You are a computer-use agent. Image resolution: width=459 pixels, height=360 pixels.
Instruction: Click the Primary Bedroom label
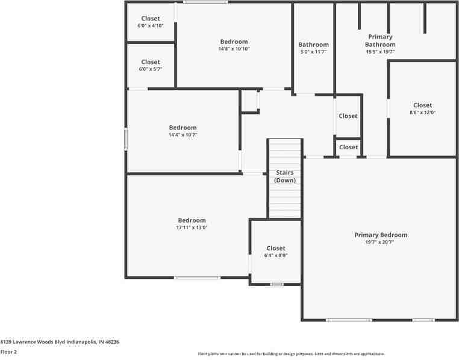pos(381,235)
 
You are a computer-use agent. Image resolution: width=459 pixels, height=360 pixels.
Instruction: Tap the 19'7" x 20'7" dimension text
pos(381,243)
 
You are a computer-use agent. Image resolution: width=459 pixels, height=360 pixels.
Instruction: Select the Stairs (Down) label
pos(285,176)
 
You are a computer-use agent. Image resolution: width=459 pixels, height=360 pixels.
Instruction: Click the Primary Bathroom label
pos(380,40)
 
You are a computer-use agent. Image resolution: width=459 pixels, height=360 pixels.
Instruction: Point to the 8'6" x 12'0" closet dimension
pos(422,113)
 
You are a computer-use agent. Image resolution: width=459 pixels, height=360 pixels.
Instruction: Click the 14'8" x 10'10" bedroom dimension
pos(234,49)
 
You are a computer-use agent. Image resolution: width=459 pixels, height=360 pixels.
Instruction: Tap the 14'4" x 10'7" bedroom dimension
pos(183,135)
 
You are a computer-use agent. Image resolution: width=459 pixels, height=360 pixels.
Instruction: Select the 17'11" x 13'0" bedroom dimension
pos(192,228)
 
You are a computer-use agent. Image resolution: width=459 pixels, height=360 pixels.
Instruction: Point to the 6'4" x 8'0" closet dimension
pos(276,255)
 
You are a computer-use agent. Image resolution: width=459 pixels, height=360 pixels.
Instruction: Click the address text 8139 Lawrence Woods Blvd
pos(60,342)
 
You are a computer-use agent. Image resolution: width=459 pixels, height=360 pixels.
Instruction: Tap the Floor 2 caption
pos(8,352)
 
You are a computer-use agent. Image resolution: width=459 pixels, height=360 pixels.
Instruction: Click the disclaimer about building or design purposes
pos(292,354)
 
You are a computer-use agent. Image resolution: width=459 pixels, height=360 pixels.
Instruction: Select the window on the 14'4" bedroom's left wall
pos(126,138)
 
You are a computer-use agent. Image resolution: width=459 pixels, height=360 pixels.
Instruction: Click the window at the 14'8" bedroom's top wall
pos(205,2)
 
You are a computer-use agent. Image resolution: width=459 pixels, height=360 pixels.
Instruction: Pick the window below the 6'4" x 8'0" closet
pos(276,284)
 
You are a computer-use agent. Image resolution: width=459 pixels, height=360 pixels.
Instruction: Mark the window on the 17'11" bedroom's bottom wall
pos(197,278)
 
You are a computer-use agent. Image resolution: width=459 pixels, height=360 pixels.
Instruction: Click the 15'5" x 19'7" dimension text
pos(380,52)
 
